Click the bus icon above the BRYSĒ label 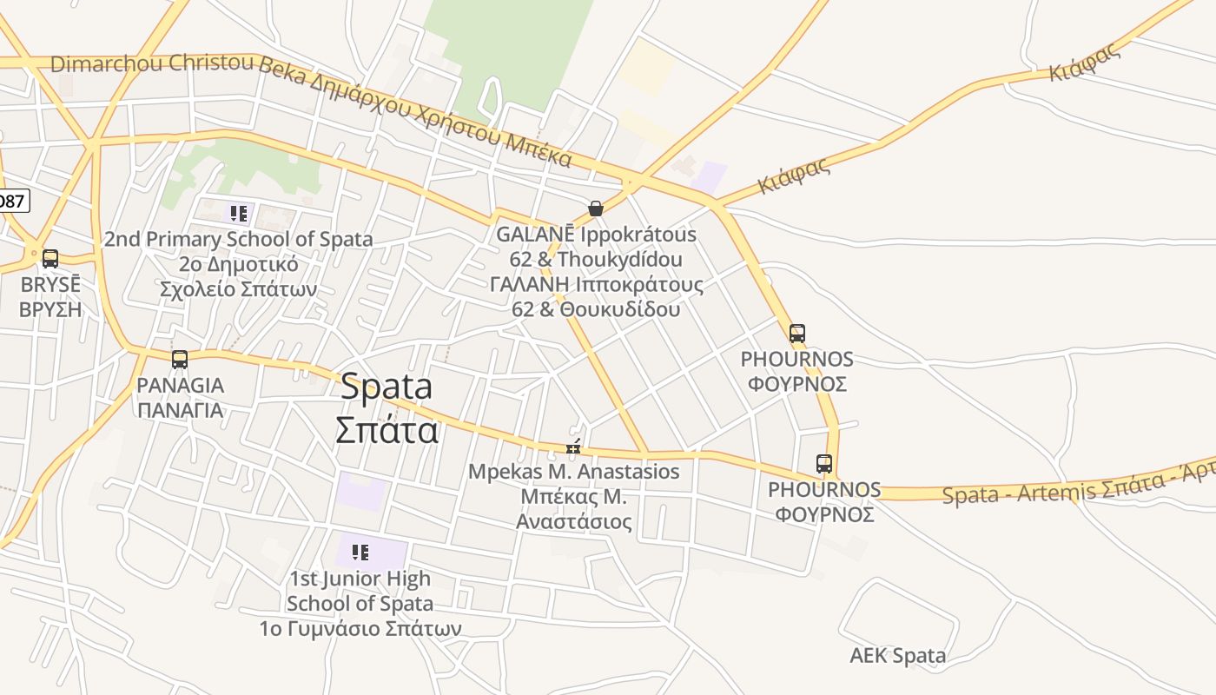(x=50, y=258)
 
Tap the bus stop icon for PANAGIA (x=180, y=359)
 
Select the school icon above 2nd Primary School (x=239, y=213)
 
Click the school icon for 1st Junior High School (x=360, y=552)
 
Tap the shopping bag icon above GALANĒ (x=596, y=208)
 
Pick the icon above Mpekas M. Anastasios (x=573, y=447)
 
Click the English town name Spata (x=386, y=387)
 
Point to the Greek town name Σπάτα (x=387, y=429)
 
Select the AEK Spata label (x=897, y=655)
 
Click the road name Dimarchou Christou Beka (x=152, y=63)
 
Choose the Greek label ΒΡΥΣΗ (x=50, y=309)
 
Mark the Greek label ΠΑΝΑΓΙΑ (x=180, y=410)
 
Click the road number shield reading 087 (x=11, y=202)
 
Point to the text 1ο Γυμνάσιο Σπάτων (x=360, y=627)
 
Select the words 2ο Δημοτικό (x=239, y=264)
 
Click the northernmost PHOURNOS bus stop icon (x=796, y=333)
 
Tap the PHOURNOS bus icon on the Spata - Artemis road (x=823, y=464)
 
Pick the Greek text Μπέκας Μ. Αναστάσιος (x=573, y=509)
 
